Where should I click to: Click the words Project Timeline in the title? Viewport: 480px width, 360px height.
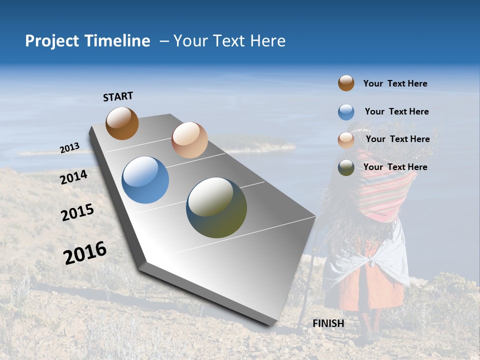(87, 41)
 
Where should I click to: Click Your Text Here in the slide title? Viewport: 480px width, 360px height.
(229, 41)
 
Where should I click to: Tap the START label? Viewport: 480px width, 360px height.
(118, 96)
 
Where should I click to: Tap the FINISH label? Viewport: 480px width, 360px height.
(328, 323)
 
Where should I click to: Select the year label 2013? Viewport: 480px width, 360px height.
(69, 148)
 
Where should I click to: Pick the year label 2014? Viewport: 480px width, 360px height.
(74, 177)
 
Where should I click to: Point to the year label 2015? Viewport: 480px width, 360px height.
(77, 212)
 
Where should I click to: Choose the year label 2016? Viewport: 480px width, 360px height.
(85, 253)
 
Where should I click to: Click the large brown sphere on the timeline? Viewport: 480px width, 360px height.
(122, 123)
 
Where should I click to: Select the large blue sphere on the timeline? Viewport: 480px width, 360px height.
(145, 180)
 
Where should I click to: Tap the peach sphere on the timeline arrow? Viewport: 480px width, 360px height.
(189, 140)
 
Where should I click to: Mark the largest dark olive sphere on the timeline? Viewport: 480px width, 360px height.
(216, 207)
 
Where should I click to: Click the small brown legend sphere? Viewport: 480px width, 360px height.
(346, 83)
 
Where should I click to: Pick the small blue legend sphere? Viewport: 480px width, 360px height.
(346, 112)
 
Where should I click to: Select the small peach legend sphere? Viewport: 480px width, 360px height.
(346, 140)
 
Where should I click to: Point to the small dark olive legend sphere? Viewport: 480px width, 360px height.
(346, 167)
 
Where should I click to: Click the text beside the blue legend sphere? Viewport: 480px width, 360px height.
(396, 111)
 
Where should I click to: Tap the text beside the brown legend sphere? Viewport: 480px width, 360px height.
(395, 83)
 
